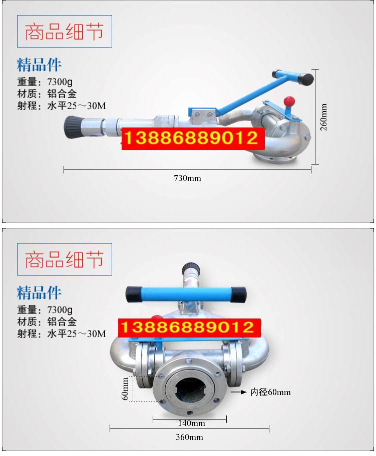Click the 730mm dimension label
pos(187,178)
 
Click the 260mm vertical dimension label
pos(324,117)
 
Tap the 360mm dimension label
pos(189,437)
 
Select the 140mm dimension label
pos(191,423)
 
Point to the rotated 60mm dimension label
pos(125,389)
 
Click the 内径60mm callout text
pos(270,392)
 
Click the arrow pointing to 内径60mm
pos(239,392)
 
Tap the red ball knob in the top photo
pos(289,101)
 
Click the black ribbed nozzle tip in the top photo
pos(73,127)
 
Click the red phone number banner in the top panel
pos(193,138)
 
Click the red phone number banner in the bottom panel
pos(189,327)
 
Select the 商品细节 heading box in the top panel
pos(65,31)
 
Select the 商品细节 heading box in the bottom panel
pos(65,259)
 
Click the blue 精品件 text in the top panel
pos(39,64)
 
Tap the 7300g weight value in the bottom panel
pos(60,309)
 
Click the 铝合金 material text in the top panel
pos(62,93)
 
